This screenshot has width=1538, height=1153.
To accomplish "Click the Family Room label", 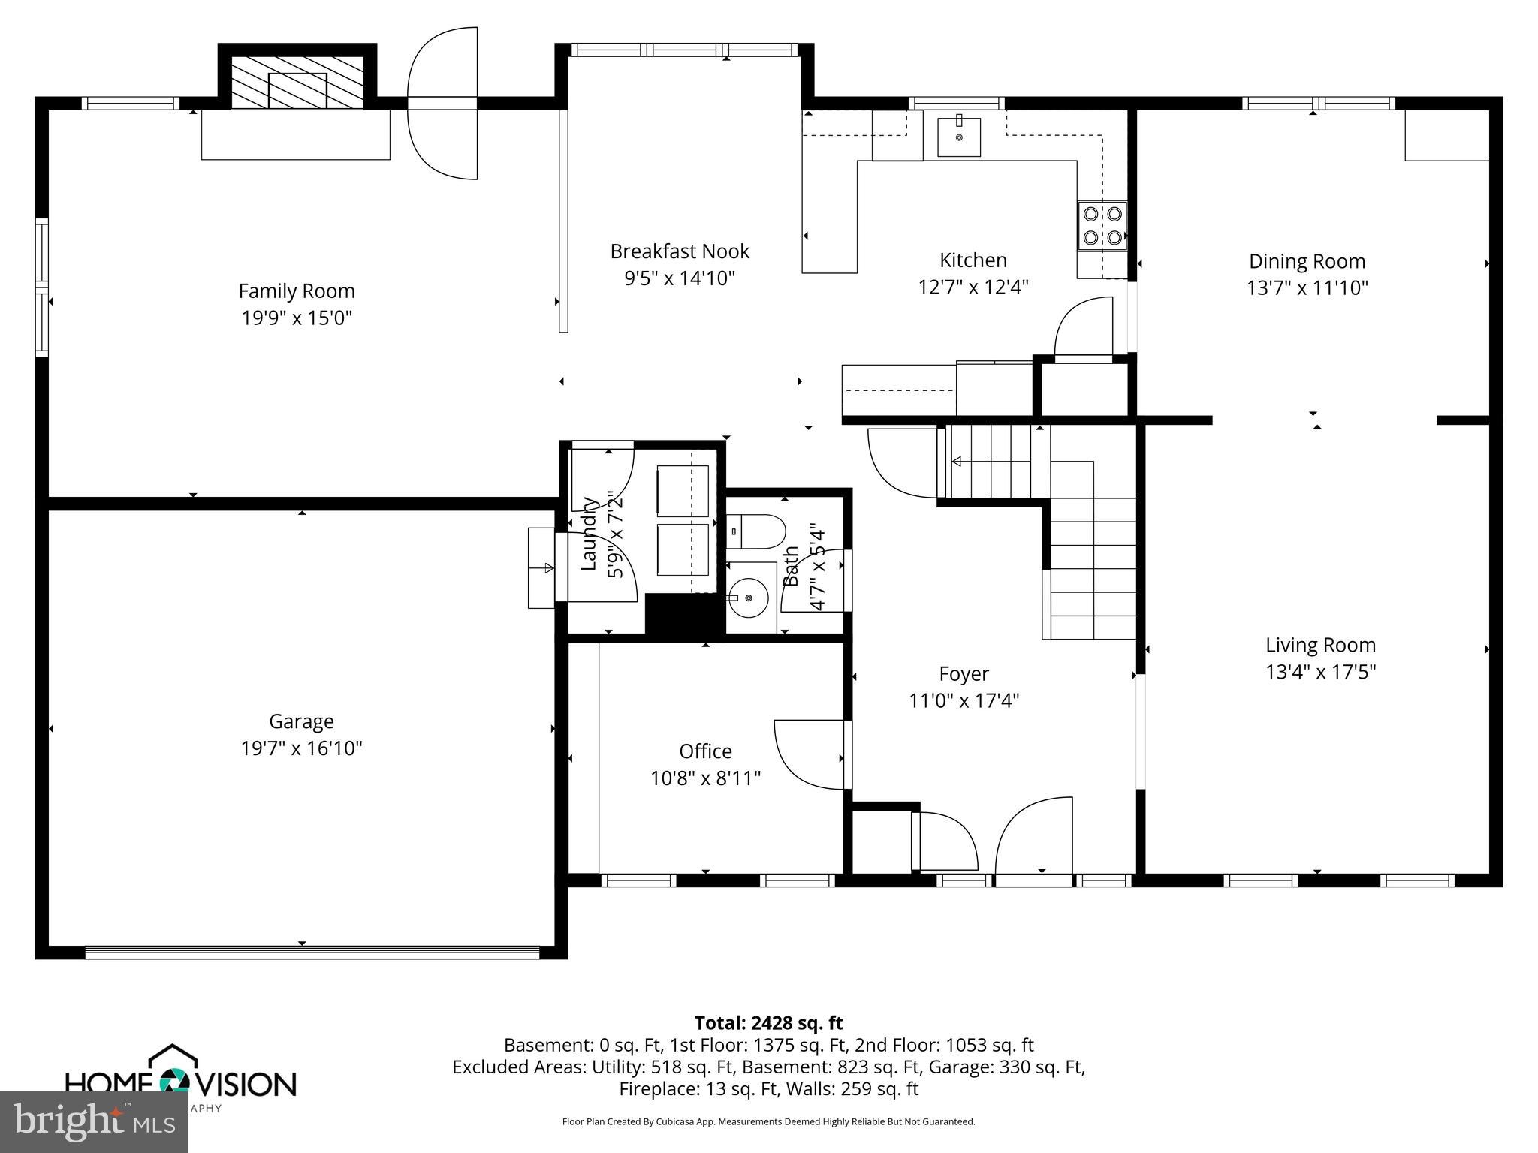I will point(297,291).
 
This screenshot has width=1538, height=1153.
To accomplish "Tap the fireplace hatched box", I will point(297,81).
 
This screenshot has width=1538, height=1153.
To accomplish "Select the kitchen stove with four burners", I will point(1102,226).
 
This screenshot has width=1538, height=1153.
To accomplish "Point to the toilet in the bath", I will point(757,531).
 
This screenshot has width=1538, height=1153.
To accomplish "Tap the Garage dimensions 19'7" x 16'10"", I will point(301,748).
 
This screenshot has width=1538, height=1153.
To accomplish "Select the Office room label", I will point(705,751).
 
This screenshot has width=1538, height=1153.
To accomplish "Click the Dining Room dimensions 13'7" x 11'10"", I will point(1307,288).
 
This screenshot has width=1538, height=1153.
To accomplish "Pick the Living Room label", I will point(1320,645).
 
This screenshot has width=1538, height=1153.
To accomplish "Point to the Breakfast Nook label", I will point(680,251).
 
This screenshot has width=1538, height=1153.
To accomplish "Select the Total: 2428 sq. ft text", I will point(768,1023).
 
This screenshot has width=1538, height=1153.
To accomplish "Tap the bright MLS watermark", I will point(94,1121).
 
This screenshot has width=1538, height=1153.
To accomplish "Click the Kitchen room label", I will point(973,260).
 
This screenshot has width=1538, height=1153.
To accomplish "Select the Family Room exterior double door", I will point(443,104).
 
